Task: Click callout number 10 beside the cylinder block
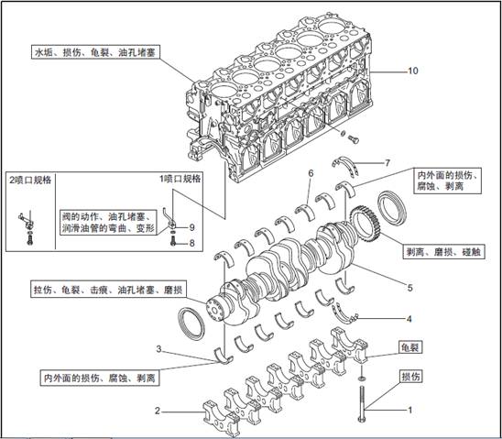[x=412, y=71]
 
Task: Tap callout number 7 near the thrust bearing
[x=387, y=163]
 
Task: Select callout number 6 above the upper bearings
[x=311, y=173]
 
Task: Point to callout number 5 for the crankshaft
[x=410, y=288]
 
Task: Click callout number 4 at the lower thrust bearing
[x=409, y=319]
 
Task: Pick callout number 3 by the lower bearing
[x=158, y=348]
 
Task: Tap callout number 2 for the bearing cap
[x=158, y=411]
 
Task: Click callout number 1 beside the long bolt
[x=409, y=410]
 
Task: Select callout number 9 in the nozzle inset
[x=191, y=227]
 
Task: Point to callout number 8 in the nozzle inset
[x=191, y=243]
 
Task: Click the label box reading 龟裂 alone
[x=410, y=347]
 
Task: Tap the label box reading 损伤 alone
[x=410, y=377]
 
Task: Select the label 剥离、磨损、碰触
[x=443, y=252]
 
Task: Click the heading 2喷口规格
[x=30, y=180]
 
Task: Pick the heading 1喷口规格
[x=180, y=179]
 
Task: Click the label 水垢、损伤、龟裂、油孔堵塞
[x=95, y=52]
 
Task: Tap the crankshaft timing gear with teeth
[x=365, y=224]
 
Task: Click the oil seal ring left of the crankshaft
[x=191, y=324]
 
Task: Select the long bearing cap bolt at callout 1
[x=362, y=404]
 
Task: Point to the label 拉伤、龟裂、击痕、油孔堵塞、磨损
[x=108, y=290]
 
